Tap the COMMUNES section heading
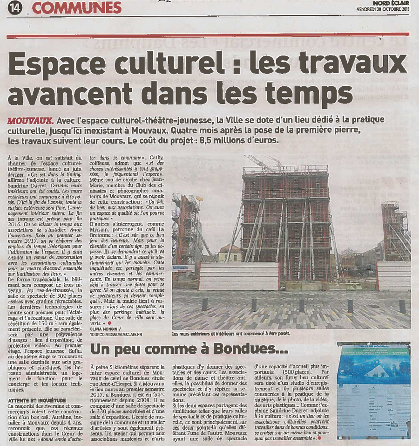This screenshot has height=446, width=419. point(77,7)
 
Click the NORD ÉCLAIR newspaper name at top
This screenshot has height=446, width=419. point(391,3)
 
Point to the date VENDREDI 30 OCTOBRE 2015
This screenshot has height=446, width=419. point(383,9)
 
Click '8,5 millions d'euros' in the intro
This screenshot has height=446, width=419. point(248,140)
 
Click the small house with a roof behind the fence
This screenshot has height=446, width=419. point(230,254)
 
